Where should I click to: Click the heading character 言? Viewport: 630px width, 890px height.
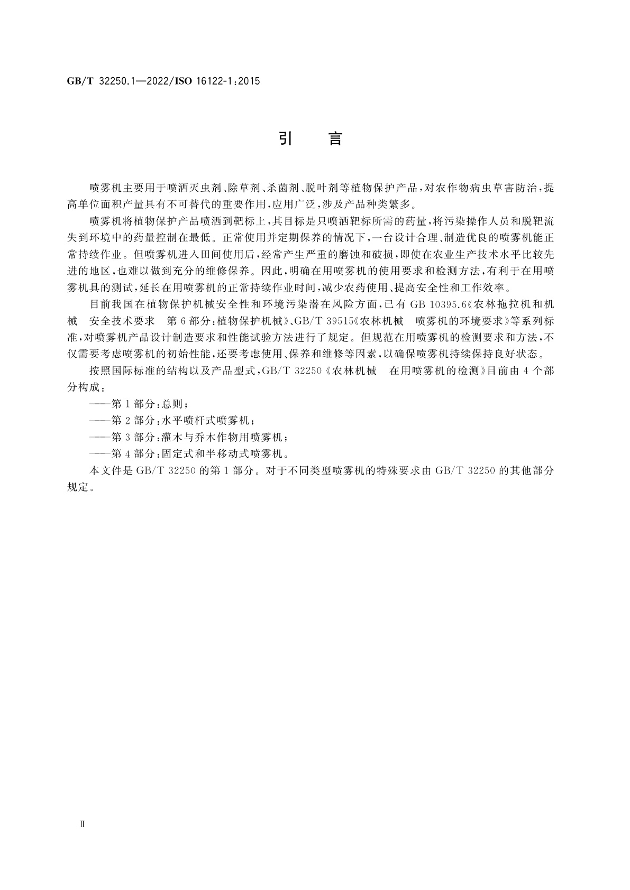pos(335,139)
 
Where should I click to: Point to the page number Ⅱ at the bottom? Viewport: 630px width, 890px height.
pos(81,824)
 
